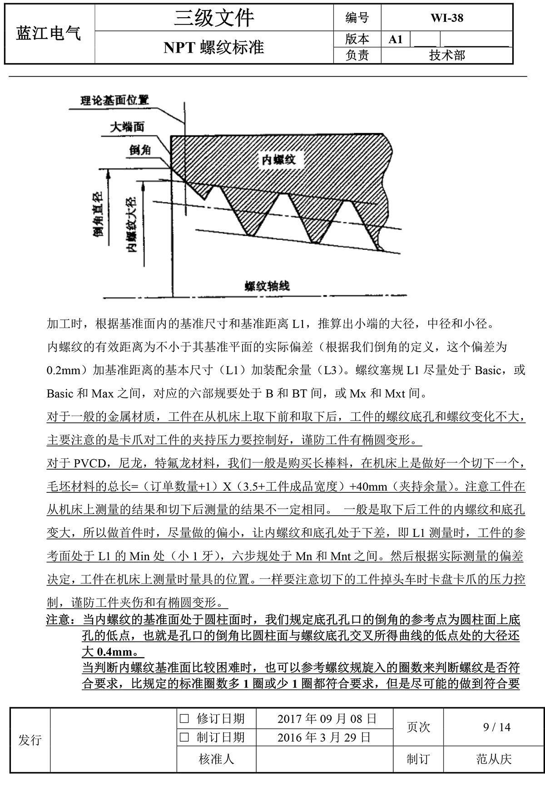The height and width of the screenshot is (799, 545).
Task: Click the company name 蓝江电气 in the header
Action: [x=49, y=33]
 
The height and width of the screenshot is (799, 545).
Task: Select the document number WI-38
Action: [x=447, y=18]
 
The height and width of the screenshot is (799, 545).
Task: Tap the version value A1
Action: [x=396, y=40]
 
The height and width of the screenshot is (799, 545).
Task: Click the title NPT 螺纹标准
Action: [x=214, y=48]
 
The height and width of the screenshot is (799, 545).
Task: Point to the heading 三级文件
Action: [x=214, y=18]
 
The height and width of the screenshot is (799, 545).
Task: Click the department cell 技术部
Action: [x=447, y=55]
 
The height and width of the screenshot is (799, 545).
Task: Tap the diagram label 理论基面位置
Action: [x=114, y=100]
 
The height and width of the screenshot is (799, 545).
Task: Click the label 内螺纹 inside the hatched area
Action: [x=278, y=159]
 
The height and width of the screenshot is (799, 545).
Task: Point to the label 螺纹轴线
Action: [x=267, y=286]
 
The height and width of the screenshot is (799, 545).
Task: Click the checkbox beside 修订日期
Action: [x=184, y=719]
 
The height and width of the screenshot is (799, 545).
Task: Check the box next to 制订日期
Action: [x=184, y=737]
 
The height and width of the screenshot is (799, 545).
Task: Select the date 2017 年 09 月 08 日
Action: [x=327, y=719]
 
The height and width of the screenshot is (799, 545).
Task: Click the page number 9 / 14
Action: [x=497, y=727]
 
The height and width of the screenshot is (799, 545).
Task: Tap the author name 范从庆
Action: [x=494, y=759]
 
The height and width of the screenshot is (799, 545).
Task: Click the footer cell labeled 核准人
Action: [x=216, y=759]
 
